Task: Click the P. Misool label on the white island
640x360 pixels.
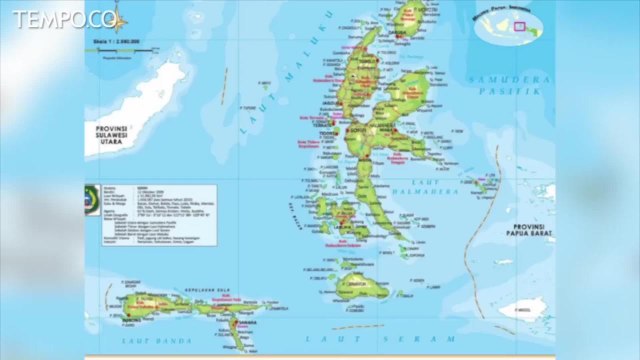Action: (x=527, y=309)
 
